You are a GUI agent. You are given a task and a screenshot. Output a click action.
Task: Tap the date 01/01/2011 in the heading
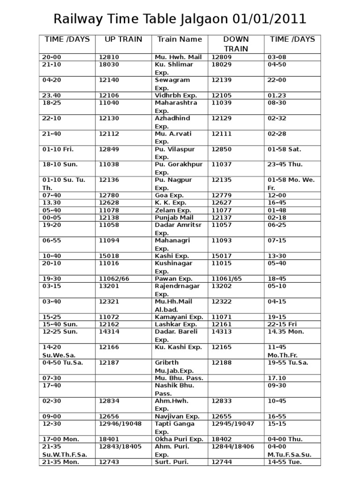269,19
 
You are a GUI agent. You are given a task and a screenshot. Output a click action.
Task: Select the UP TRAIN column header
123,39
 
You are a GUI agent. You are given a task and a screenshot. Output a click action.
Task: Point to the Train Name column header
180,39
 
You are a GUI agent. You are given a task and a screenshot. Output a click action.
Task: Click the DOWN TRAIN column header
236,44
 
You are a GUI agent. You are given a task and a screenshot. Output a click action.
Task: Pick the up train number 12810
109,57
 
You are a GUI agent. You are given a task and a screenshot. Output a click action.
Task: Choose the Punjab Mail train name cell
175,218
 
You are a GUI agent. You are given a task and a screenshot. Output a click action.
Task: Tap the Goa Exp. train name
170,195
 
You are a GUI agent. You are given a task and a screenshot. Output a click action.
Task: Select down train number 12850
222,149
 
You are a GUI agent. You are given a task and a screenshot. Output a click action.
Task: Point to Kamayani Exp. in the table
179,317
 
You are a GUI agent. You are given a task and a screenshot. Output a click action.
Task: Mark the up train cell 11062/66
114,278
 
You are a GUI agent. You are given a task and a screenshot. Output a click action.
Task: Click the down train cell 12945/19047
233,424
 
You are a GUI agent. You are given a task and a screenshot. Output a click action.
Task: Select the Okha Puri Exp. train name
179,439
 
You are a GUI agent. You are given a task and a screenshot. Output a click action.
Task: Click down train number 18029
222,64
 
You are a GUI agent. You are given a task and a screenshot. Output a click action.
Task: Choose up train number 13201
109,286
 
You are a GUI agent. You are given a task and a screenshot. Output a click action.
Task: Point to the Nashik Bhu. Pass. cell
174,390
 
